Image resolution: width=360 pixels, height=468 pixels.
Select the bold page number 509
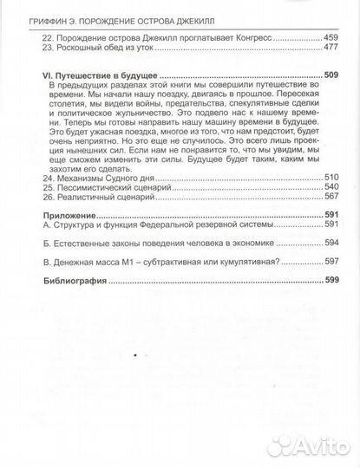point(331,76)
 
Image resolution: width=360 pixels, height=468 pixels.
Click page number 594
point(331,244)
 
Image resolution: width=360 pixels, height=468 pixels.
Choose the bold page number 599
point(331,281)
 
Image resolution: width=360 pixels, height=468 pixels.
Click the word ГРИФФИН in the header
point(45,10)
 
